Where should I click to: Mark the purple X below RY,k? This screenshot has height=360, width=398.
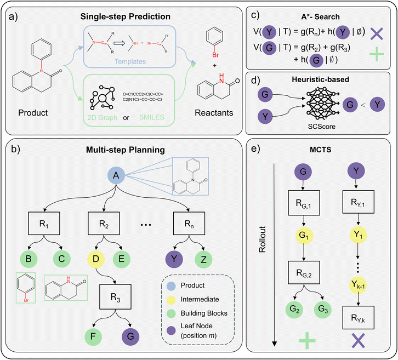pos(357,343)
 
